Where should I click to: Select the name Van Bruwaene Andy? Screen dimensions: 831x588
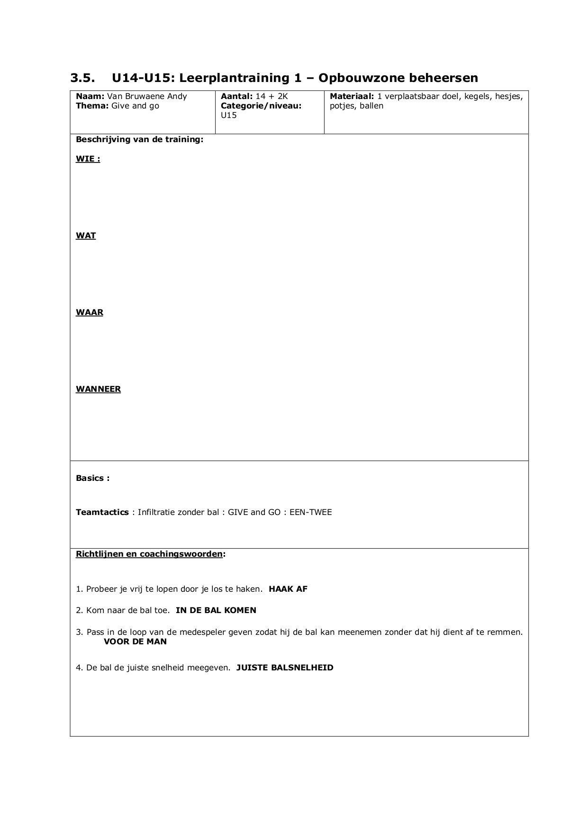tap(144, 96)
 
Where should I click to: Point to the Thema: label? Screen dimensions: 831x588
tap(92, 106)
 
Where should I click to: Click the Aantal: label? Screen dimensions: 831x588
tap(236, 96)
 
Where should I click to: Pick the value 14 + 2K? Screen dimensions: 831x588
tap(271, 96)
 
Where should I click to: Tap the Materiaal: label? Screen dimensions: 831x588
tap(352, 96)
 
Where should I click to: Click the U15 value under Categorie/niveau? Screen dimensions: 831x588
tap(229, 115)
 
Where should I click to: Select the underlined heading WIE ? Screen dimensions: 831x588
tap(88, 159)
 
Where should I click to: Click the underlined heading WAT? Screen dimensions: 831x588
tap(86, 236)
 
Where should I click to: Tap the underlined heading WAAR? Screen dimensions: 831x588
tap(90, 313)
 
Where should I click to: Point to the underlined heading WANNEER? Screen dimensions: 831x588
tap(98, 389)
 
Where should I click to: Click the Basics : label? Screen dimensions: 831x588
tap(92, 478)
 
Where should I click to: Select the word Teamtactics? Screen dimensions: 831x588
tap(102, 512)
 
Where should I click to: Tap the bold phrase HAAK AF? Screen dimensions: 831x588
tap(288, 589)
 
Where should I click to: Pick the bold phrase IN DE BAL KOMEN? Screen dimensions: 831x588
tap(216, 610)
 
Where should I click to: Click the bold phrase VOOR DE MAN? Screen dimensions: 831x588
tap(135, 641)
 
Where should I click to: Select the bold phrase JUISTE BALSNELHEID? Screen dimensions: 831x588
tap(285, 668)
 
